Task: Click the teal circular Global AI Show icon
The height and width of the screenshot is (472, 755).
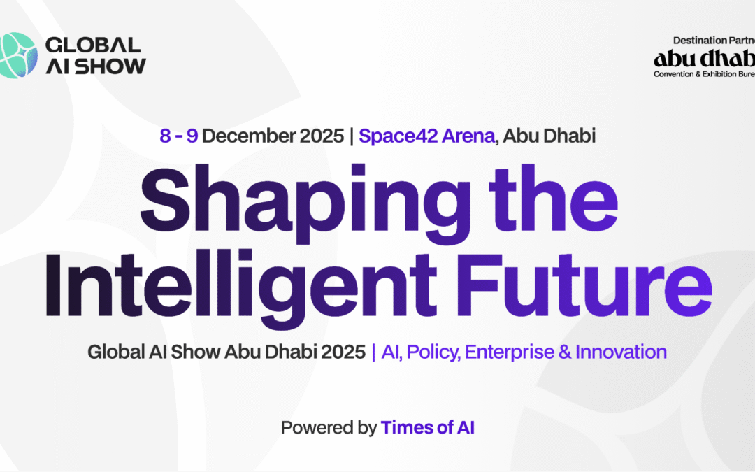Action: pos(18,55)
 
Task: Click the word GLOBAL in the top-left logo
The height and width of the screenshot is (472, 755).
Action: pos(93,45)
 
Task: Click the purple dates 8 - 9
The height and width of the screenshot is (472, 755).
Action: pos(178,136)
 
